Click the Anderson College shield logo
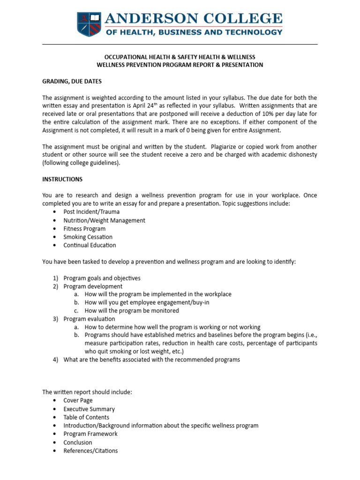click(x=89, y=24)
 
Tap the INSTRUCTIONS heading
click(x=62, y=179)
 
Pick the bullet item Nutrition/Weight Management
click(x=104, y=220)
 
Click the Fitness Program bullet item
click(x=84, y=229)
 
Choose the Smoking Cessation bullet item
click(x=88, y=237)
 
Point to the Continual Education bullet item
click(x=90, y=245)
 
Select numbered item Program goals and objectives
click(x=102, y=278)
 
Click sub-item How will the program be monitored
click(x=132, y=310)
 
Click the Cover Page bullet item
click(x=78, y=400)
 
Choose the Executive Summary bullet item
click(x=89, y=409)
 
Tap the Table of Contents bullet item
click(x=86, y=417)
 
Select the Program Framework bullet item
click(x=90, y=434)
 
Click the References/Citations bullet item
click(x=90, y=450)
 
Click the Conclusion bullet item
click(x=78, y=442)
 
